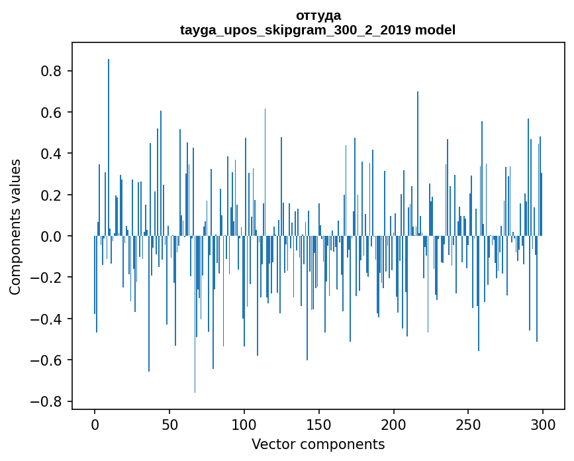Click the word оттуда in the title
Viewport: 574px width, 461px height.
(x=318, y=15)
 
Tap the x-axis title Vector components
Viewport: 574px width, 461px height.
(x=318, y=444)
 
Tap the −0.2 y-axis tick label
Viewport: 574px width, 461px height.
(x=49, y=278)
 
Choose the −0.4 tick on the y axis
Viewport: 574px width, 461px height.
(x=49, y=319)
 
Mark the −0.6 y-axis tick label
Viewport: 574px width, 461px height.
(x=49, y=360)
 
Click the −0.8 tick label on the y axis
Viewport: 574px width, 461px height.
(x=49, y=401)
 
